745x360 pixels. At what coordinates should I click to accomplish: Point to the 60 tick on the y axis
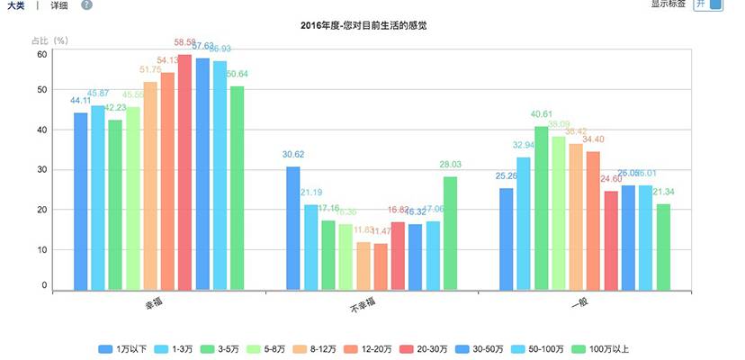click(41, 54)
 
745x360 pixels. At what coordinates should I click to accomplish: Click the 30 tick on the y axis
click(41, 169)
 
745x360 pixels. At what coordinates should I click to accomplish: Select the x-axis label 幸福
click(153, 306)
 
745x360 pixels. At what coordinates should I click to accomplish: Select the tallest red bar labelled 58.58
click(184, 171)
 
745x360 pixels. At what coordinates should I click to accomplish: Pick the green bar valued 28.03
click(450, 233)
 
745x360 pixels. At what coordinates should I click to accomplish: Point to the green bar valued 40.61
click(542, 208)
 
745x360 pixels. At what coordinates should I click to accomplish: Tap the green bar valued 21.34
click(663, 247)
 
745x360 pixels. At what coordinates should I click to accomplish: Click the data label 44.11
click(81, 102)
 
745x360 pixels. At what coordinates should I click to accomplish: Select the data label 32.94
click(524, 145)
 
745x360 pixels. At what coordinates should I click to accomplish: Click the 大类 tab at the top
click(15, 5)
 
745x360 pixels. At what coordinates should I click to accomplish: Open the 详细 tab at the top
click(58, 5)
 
